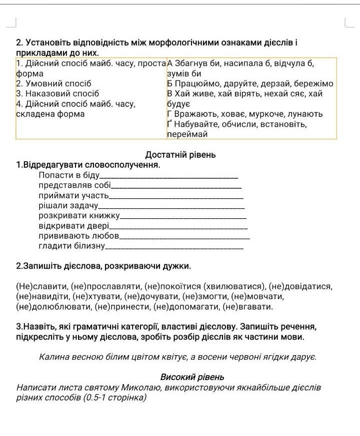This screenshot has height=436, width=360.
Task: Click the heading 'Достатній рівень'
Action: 180,155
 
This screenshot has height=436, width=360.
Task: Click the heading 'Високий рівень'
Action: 192,377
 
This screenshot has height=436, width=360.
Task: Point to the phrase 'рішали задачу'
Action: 68,206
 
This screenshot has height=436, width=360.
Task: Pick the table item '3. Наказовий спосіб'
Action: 57,93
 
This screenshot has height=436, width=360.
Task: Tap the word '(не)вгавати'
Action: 248,306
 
